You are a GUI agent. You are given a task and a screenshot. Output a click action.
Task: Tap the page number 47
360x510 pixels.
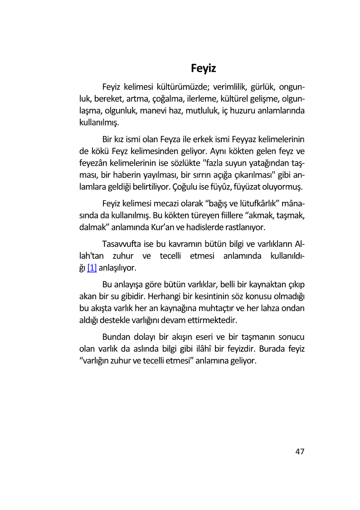pyautogui.click(x=300, y=451)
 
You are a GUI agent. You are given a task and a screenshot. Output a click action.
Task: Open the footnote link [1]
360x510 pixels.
pyautogui.click(x=92, y=268)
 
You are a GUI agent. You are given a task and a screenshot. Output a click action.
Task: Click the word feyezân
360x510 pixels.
pyautogui.click(x=88, y=162)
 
